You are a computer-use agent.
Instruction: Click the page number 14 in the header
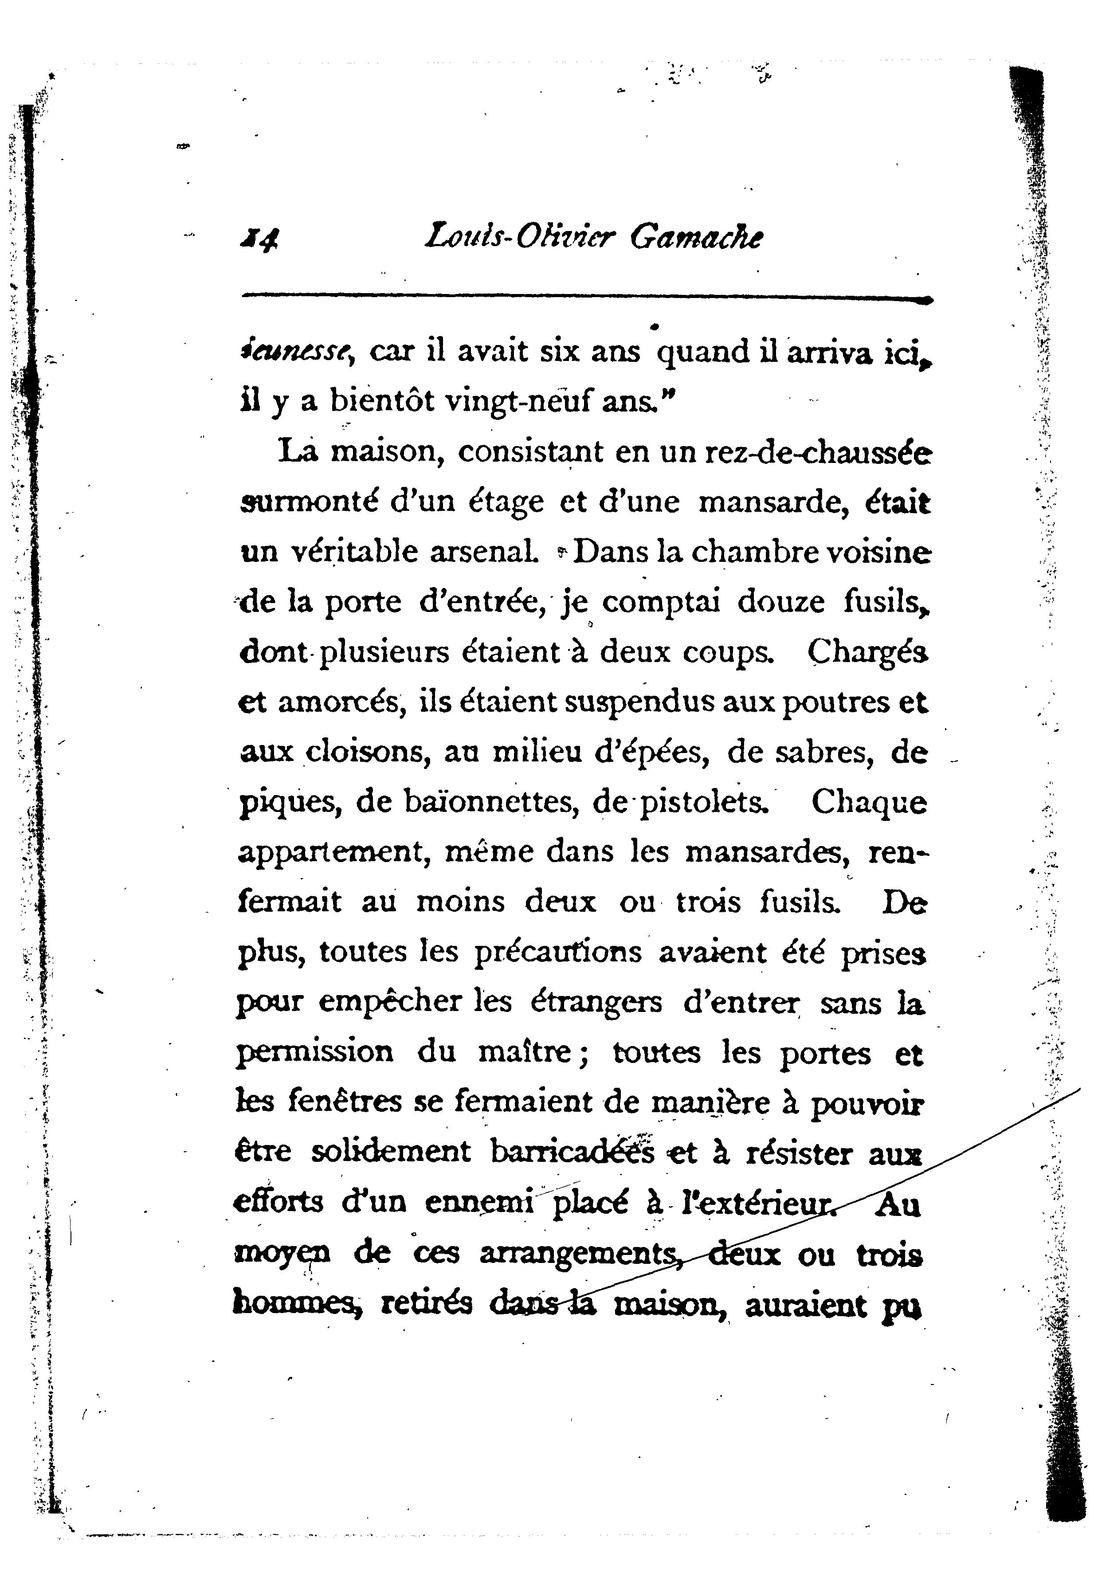[x=259, y=239]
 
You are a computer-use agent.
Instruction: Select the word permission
[x=315, y=1052]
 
